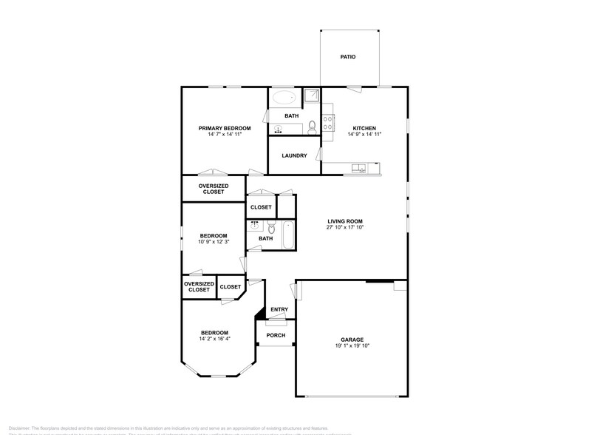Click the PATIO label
(348, 56)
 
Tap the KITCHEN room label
(364, 128)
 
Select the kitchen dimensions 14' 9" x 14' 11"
(364, 135)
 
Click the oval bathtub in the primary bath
(283, 97)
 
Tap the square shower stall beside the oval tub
(312, 95)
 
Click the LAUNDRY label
(294, 155)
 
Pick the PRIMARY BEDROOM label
(225, 128)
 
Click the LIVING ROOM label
(345, 221)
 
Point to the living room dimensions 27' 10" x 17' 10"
(345, 228)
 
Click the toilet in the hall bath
(271, 226)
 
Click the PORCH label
(276, 335)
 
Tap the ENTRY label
(279, 309)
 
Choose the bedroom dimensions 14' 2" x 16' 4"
(214, 339)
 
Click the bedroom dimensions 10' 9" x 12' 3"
(214, 242)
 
